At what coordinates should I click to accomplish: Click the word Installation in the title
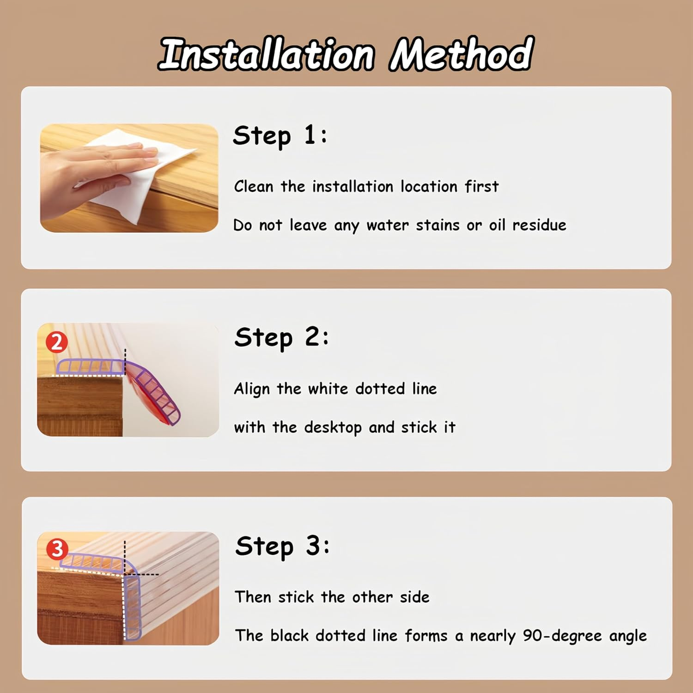(x=267, y=55)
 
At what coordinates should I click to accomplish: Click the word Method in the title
(x=461, y=54)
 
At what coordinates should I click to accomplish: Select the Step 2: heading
(x=281, y=338)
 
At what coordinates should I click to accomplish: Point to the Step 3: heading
(x=282, y=547)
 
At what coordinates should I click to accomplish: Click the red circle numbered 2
(x=57, y=342)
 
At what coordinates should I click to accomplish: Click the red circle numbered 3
(x=57, y=549)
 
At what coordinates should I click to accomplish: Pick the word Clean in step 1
(x=254, y=186)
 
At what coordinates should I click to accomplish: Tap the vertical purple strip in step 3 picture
(x=133, y=607)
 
